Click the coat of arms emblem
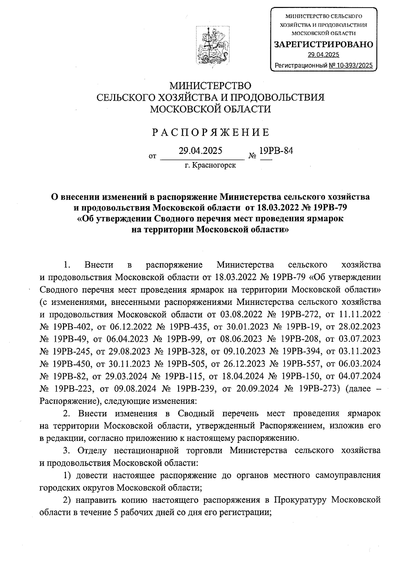pyautogui.click(x=213, y=46)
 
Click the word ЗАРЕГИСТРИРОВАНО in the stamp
pyautogui.click(x=323, y=44)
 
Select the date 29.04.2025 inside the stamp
pyautogui.click(x=323, y=55)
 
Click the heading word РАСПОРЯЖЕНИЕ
pyautogui.click(x=211, y=133)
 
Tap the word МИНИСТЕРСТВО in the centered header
pyautogui.click(x=210, y=86)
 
